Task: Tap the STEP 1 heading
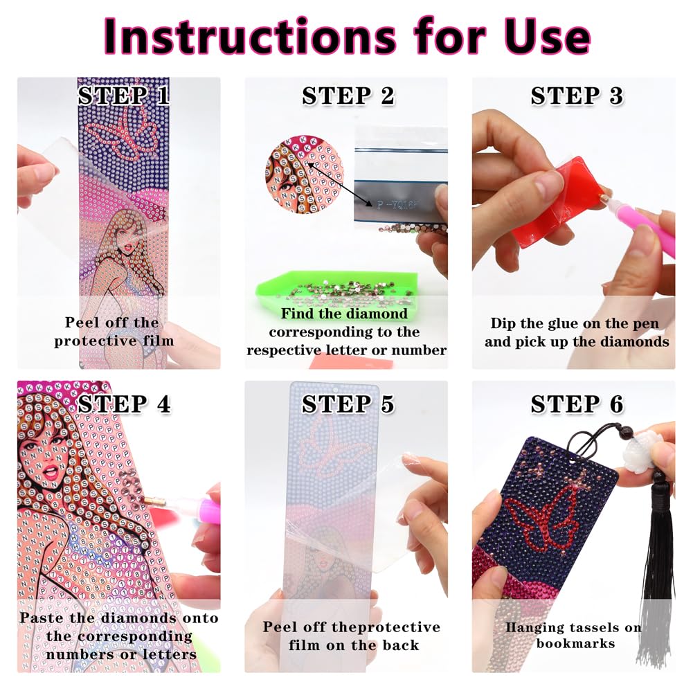(123, 96)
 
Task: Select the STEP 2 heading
(348, 97)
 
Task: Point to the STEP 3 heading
(577, 97)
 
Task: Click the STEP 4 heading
(124, 404)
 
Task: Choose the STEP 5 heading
(348, 404)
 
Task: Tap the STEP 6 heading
(577, 404)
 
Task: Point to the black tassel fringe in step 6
(654, 595)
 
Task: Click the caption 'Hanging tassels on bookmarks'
(573, 636)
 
